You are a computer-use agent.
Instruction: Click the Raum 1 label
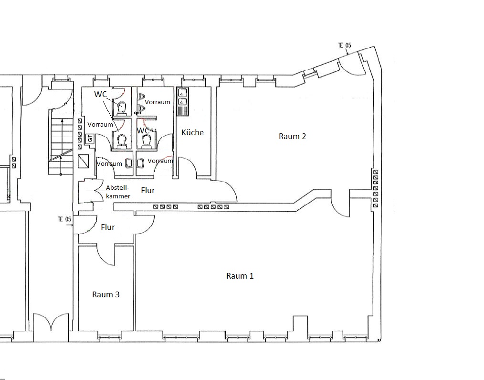240,276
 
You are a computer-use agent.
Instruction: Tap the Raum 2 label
292,136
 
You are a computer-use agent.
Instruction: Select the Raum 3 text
106,294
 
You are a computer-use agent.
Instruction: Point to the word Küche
193,132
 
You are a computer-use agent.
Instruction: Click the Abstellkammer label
118,192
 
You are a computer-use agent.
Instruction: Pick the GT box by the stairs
90,138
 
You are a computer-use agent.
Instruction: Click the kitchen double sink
183,101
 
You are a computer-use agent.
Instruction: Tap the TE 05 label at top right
345,45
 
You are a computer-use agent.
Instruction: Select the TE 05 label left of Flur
64,219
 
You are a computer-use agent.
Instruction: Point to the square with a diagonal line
84,161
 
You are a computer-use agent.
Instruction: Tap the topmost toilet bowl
122,107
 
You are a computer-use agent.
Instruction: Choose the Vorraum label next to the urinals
158,102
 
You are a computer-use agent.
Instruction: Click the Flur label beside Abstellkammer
148,190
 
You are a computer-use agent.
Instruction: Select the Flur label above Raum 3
108,227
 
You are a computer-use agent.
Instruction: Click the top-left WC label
100,94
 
